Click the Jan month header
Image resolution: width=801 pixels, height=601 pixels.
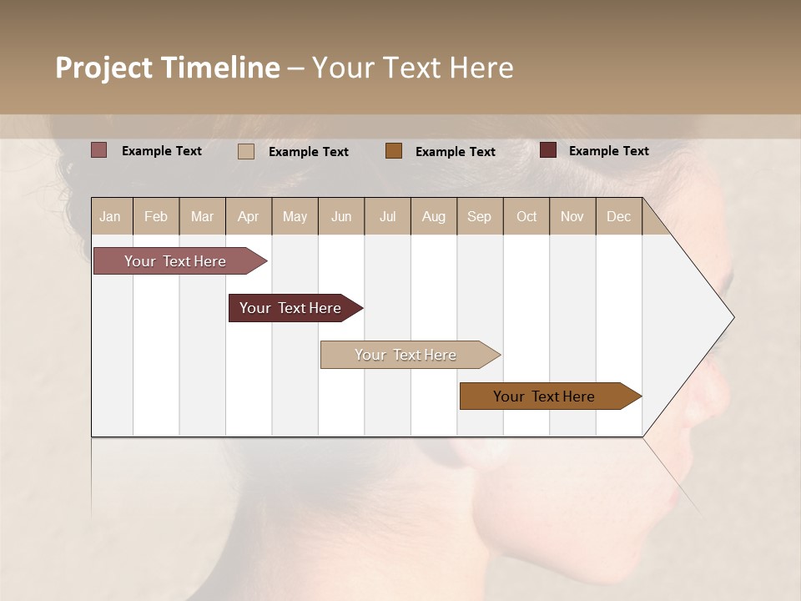(x=110, y=216)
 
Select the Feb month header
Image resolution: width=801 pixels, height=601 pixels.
(x=156, y=216)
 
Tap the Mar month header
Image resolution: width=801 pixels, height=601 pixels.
(x=202, y=216)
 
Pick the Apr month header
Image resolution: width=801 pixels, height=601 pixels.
(x=249, y=216)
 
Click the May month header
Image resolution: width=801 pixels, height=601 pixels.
(x=295, y=216)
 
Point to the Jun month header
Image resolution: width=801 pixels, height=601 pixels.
(x=341, y=216)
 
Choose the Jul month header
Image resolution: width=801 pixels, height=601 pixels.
(x=387, y=216)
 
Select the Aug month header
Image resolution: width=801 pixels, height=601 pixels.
(x=434, y=216)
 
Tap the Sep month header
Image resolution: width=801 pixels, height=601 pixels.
(x=480, y=216)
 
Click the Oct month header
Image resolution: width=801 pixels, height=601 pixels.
(x=526, y=216)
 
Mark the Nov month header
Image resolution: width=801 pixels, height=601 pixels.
(x=572, y=216)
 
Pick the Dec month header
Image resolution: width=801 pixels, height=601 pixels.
(x=619, y=216)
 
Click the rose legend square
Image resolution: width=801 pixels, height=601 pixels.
(x=99, y=150)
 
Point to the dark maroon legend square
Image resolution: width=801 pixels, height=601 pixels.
(x=548, y=150)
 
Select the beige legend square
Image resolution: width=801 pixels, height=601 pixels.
(x=246, y=151)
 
